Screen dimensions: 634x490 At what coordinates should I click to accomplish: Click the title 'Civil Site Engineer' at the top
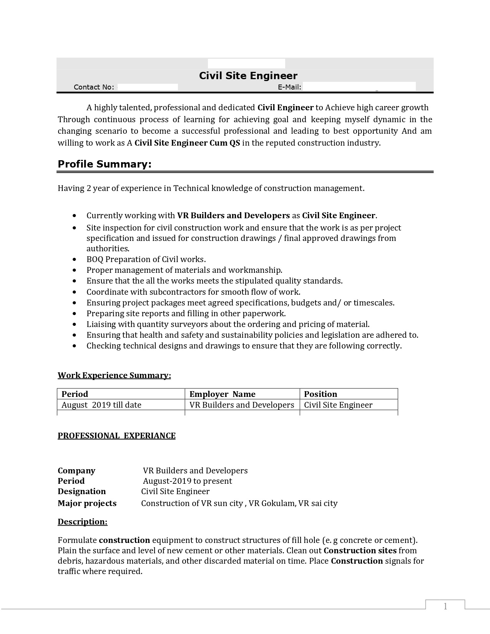(248, 76)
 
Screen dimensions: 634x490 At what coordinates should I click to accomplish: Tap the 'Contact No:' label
(94, 87)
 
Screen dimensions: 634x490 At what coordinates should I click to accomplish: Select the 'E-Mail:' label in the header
(289, 87)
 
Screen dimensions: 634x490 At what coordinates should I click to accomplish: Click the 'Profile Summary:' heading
(105, 164)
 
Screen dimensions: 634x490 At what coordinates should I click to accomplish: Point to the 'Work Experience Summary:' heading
(114, 375)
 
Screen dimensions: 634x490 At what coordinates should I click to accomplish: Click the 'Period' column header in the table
(75, 394)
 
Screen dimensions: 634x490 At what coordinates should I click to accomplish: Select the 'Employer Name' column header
(222, 394)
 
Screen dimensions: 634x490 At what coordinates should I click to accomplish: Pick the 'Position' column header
(320, 394)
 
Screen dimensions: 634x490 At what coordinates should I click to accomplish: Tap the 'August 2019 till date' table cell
(101, 405)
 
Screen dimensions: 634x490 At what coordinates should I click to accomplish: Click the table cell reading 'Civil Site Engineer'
(338, 405)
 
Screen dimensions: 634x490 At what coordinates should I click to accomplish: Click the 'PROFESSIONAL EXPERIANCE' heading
(116, 436)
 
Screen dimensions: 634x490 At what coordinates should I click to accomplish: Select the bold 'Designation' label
(81, 491)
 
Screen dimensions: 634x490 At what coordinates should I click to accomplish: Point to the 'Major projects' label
(87, 503)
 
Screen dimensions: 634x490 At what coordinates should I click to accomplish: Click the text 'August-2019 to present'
(188, 481)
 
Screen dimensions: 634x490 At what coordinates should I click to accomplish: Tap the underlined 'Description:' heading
(82, 522)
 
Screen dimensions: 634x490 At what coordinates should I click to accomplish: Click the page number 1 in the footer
(445, 606)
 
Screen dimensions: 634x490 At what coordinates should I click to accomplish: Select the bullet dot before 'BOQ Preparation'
(74, 260)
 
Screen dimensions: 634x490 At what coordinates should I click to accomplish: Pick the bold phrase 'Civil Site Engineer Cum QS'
(187, 143)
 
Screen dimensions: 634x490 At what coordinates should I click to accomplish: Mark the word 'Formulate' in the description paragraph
(77, 540)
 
